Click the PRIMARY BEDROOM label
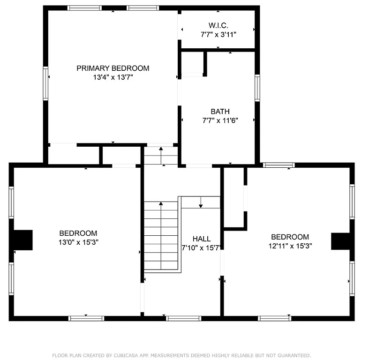click(113, 68)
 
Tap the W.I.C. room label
click(218, 25)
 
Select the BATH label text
click(220, 112)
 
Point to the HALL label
click(201, 239)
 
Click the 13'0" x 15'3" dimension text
click(78, 242)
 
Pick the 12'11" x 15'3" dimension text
click(290, 246)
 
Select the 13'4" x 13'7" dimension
click(113, 77)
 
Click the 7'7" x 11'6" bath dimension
click(220, 120)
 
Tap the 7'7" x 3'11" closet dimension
click(218, 34)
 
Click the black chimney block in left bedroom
click(22, 240)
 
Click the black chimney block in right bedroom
click(341, 241)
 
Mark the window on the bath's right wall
click(257, 88)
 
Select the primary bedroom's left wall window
click(45, 83)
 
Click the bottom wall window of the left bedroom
click(86, 318)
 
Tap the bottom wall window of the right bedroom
click(275, 318)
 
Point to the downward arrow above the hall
click(201, 202)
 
